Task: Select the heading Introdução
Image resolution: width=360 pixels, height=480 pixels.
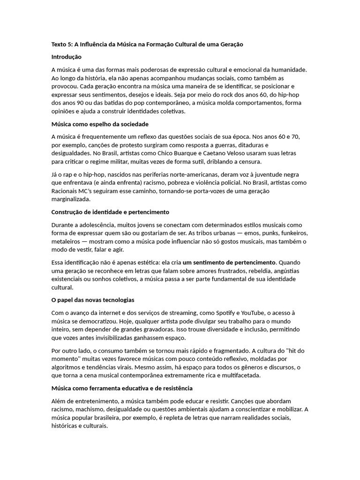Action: click(66, 57)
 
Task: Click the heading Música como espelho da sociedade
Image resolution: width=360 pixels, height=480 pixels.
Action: click(99, 124)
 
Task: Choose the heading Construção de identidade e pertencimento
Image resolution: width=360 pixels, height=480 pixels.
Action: click(110, 212)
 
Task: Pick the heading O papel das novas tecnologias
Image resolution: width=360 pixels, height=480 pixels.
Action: click(92, 300)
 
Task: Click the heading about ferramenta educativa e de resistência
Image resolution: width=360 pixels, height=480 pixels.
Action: click(121, 389)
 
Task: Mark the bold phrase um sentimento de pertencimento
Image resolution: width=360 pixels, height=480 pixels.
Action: click(229, 262)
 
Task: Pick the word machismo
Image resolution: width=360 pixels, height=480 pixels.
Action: click(90, 409)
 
